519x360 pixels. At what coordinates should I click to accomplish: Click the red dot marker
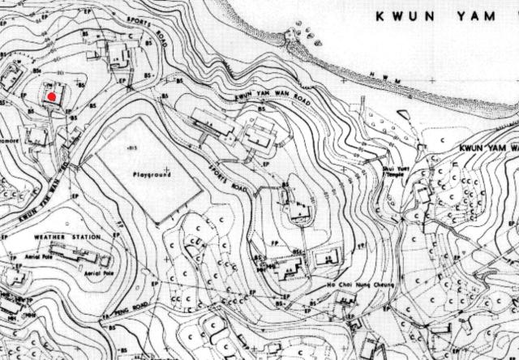pyautogui.click(x=51, y=96)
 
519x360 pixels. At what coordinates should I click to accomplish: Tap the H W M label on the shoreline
pyautogui.click(x=382, y=78)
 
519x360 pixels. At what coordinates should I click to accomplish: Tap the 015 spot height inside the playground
pyautogui.click(x=134, y=144)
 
